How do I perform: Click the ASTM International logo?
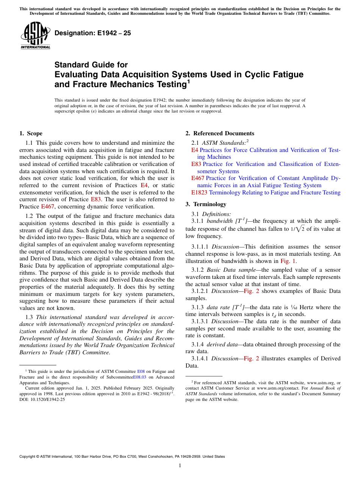click(x=35, y=35)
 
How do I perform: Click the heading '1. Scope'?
click(x=31, y=133)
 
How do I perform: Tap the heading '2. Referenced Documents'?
click(x=220, y=133)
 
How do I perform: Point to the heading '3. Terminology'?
click(x=206, y=204)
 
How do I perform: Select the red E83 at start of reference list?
click(x=196, y=164)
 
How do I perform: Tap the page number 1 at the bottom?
click(x=180, y=465)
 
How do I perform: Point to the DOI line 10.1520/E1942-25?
click(x=42, y=399)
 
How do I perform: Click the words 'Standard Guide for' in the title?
click(x=91, y=65)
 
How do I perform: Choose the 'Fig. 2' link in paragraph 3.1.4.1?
click(x=251, y=358)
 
